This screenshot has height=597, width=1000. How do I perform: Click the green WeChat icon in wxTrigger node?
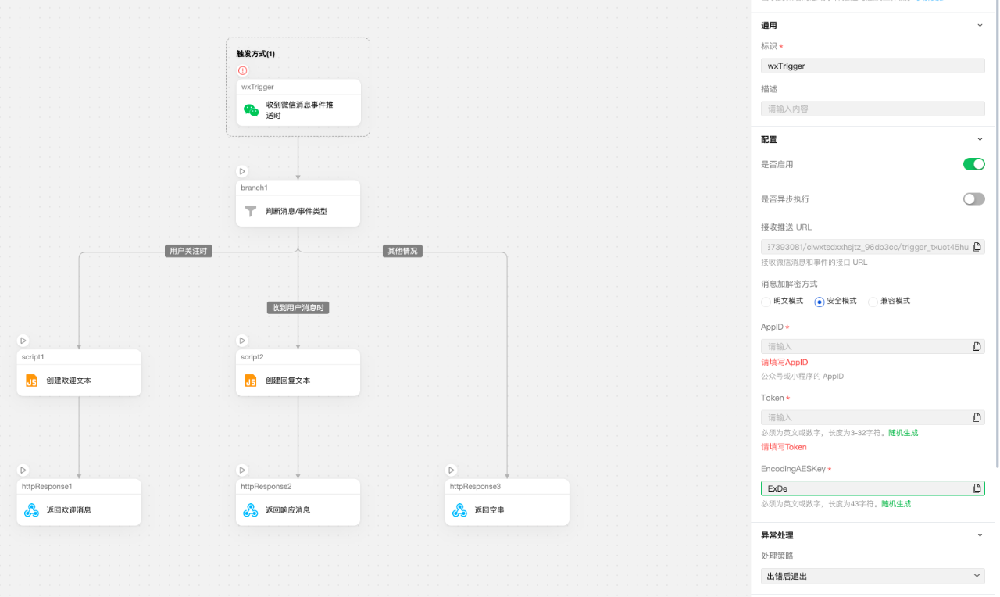tap(251, 110)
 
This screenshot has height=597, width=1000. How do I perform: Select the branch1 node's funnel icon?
tap(251, 211)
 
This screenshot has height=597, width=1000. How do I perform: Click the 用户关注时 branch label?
tap(190, 251)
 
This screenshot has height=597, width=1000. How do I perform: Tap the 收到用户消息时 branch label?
tap(298, 308)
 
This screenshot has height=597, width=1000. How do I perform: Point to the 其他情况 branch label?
tap(402, 251)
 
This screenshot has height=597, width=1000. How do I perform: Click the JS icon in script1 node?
tap(32, 381)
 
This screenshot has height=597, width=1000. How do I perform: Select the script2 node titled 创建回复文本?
tap(298, 380)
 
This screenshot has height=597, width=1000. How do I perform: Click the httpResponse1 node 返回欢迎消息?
tap(79, 509)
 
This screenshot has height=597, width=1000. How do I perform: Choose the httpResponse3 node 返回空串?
tap(507, 509)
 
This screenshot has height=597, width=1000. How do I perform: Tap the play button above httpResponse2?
tap(242, 470)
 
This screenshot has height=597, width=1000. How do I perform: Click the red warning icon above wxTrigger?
tap(242, 70)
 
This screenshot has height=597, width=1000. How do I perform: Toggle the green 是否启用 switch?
tap(973, 164)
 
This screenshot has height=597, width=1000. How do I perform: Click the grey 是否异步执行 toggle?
tap(973, 199)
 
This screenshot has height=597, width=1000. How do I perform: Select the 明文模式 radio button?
tap(766, 302)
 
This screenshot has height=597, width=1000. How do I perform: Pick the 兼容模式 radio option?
tap(873, 302)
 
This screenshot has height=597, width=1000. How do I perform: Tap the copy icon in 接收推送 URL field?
tap(977, 247)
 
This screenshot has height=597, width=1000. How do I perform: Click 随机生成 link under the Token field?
tap(903, 432)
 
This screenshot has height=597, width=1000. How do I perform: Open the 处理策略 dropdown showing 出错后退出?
tap(873, 576)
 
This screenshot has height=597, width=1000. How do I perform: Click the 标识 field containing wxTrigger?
tap(873, 66)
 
